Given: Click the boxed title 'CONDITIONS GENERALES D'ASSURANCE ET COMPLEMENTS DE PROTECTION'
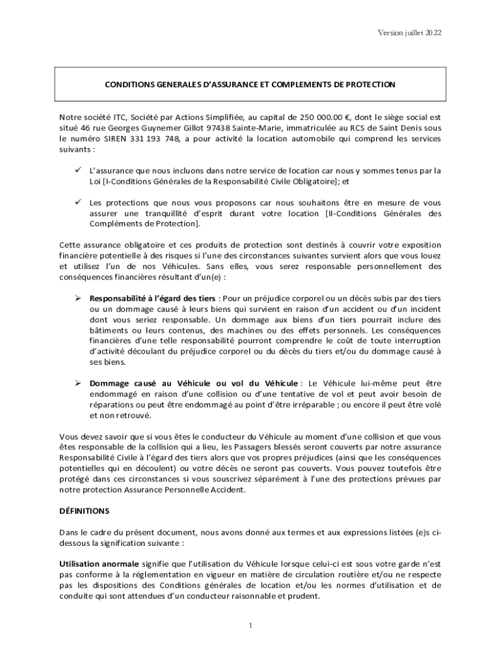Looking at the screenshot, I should click(x=251, y=85).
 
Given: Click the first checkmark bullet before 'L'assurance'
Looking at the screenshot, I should click(x=76, y=171).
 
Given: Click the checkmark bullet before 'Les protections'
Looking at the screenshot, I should click(x=76, y=202).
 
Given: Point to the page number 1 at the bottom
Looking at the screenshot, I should click(x=251, y=626).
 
